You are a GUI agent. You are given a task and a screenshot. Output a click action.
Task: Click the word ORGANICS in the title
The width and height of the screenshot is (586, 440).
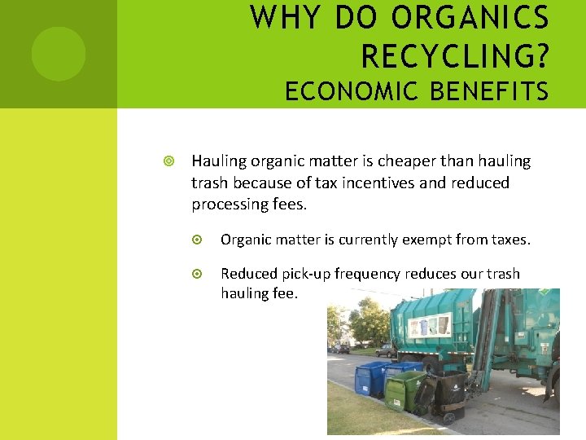click(x=471, y=19)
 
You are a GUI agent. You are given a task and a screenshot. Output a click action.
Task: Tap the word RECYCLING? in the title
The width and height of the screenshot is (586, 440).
click(x=455, y=56)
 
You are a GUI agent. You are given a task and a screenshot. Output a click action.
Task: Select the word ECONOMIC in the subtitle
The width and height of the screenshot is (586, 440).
click(x=352, y=92)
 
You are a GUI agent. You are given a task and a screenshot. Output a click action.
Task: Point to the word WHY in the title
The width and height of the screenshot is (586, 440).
click(x=279, y=19)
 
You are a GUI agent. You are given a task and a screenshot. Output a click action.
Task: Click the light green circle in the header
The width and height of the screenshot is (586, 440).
click(x=58, y=54)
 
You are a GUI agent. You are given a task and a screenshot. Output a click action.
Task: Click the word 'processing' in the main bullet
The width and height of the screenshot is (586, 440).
click(x=230, y=204)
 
